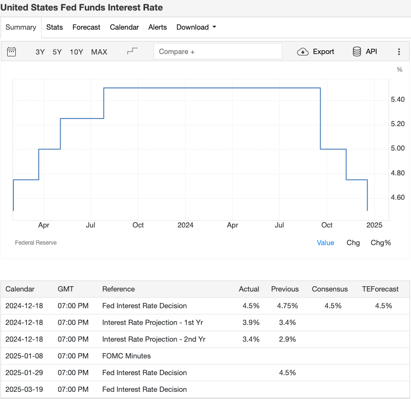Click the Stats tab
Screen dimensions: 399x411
pyautogui.click(x=55, y=27)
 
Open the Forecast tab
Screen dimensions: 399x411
pyautogui.click(x=86, y=27)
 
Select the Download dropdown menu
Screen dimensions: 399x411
pyautogui.click(x=196, y=27)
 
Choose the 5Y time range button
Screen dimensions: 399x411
pyautogui.click(x=57, y=52)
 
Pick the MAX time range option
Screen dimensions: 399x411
pyautogui.click(x=99, y=52)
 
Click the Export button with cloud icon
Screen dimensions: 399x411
pyautogui.click(x=316, y=52)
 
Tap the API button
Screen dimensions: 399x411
pyautogui.click(x=365, y=52)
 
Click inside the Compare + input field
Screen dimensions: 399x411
pyautogui.click(x=218, y=52)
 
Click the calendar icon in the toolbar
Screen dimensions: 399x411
pyautogui.click(x=11, y=52)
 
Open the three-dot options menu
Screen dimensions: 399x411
pyautogui.click(x=399, y=52)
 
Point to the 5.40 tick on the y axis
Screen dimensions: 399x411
pyautogui.click(x=398, y=100)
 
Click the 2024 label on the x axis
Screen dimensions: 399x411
pyautogui.click(x=185, y=225)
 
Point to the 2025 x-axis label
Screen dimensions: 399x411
pyautogui.click(x=374, y=225)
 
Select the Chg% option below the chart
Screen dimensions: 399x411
pyautogui.click(x=380, y=243)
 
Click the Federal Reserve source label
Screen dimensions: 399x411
pyautogui.click(x=36, y=243)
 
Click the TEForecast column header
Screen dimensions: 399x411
pyautogui.click(x=380, y=289)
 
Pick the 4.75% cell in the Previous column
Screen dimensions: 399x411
pyautogui.click(x=287, y=306)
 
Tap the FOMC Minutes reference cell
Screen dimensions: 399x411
pyautogui.click(x=126, y=356)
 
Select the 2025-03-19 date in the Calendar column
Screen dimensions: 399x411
pyautogui.click(x=24, y=389)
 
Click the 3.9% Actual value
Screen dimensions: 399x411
pyautogui.click(x=251, y=323)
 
